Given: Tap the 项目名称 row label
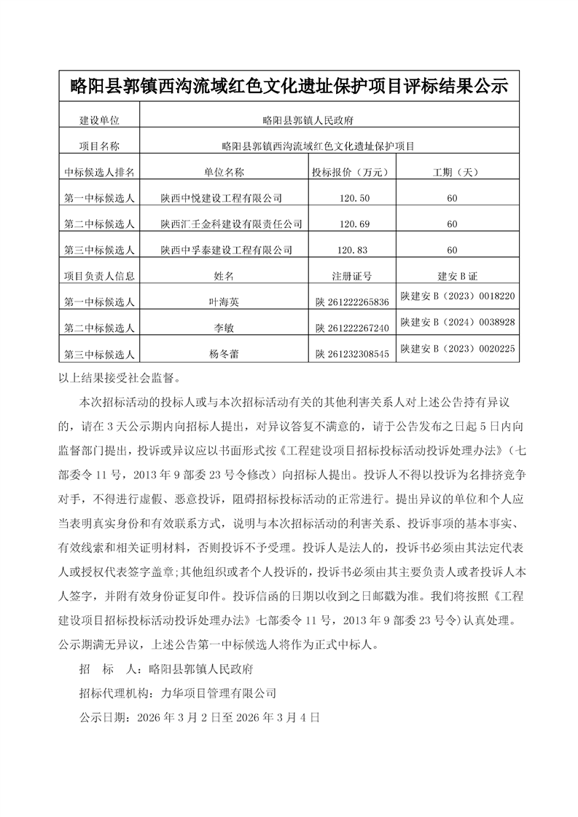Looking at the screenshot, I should click(x=99, y=146).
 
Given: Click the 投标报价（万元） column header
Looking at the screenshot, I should click(x=353, y=173).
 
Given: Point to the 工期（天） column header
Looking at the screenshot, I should click(x=452, y=173).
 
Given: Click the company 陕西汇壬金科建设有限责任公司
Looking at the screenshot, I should click(x=231, y=224).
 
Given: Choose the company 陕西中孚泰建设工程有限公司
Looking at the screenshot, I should click(x=226, y=250).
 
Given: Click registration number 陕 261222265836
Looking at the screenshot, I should click(x=353, y=302).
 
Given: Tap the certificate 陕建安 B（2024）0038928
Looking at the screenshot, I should click(x=458, y=322).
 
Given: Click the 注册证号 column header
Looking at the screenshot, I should click(x=353, y=277).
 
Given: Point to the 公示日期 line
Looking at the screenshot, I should click(x=198, y=717).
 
